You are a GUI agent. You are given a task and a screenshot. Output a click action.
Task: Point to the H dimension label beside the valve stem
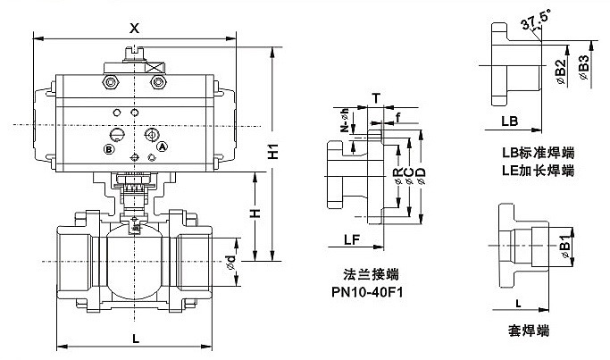255,214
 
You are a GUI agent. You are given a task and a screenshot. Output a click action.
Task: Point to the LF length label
352,239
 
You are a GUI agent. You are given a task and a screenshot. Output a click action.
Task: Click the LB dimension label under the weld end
509,119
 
